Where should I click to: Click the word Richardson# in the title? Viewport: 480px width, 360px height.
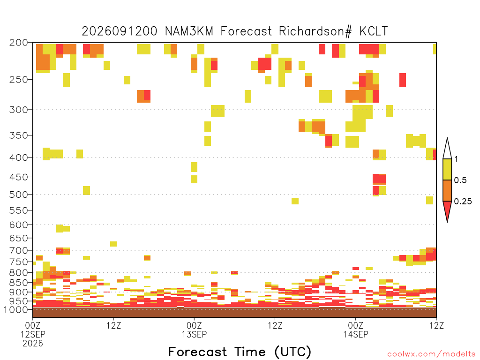coord(315,31)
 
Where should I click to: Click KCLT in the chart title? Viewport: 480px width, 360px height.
coord(374,31)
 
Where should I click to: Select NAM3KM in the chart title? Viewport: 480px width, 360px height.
coord(189,31)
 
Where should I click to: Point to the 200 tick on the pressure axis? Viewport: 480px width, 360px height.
coord(19,43)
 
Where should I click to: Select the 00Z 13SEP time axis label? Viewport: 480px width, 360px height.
coord(194,330)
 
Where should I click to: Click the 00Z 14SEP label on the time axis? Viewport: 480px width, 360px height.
coord(356,330)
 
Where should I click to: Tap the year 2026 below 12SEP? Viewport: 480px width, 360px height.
coord(33,344)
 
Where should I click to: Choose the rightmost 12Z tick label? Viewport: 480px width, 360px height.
coord(436,325)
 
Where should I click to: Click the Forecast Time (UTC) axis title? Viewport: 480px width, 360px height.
coord(240,352)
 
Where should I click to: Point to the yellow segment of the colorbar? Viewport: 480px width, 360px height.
coord(447,169)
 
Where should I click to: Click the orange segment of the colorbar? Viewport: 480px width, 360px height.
coord(447,190)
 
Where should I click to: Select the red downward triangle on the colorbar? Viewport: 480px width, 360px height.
coord(447,210)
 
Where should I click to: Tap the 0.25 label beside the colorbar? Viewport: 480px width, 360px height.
coord(463,202)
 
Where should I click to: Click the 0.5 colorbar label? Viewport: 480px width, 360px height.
coord(460,180)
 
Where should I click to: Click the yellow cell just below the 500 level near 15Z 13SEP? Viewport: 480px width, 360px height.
coord(295,201)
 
